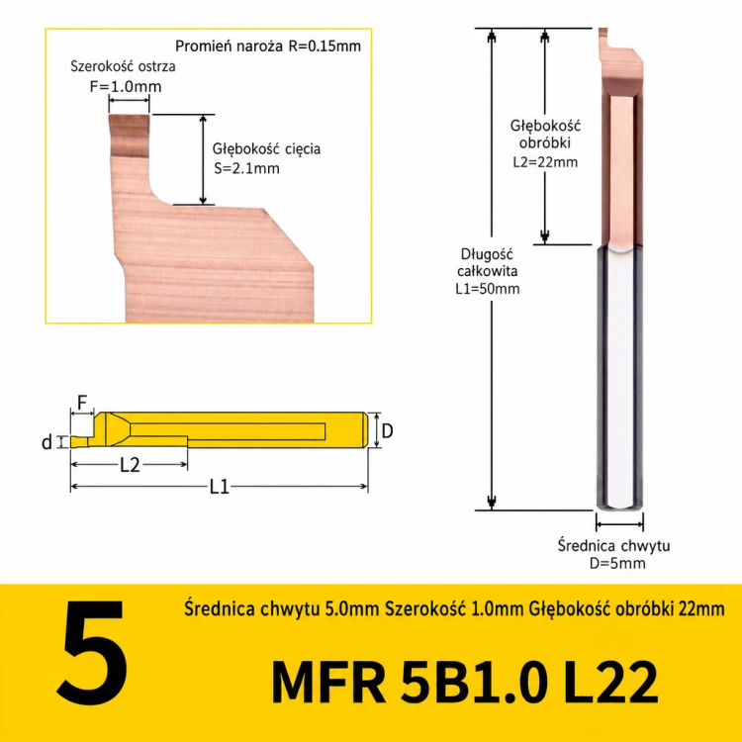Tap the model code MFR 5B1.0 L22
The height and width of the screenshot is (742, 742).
click(465, 683)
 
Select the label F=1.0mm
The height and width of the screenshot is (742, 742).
click(126, 87)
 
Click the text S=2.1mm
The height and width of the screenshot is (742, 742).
click(246, 168)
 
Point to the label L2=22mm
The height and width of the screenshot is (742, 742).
click(545, 162)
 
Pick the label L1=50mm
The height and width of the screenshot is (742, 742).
click(488, 289)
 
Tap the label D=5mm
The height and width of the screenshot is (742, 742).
click(617, 563)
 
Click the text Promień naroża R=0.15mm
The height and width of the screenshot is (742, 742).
click(268, 46)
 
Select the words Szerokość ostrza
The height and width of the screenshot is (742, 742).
click(123, 66)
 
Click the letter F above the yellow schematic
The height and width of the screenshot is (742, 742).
click(82, 403)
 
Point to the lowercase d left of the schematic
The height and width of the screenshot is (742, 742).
click(46, 442)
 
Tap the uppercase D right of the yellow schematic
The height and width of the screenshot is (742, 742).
click(387, 430)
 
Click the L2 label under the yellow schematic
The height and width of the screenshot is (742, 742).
click(130, 465)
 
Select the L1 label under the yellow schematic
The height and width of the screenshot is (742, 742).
click(219, 487)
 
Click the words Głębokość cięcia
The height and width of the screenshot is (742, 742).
click(266, 149)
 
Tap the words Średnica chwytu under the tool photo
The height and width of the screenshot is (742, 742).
click(613, 545)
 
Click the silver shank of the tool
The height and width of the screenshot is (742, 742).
click(619, 378)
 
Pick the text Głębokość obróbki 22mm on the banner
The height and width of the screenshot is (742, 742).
click(626, 608)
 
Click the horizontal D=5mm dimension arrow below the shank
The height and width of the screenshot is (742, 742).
click(619, 524)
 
